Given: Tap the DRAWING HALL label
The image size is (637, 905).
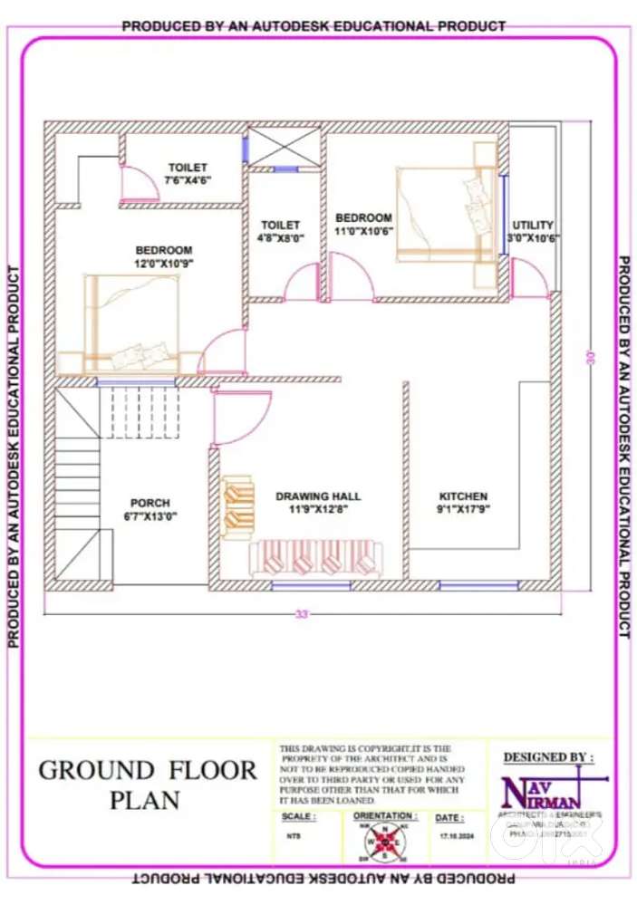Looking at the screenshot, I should pos(318,503).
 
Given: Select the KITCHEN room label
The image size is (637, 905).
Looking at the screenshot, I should pos(463,503).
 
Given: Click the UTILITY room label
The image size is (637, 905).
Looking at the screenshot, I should pos(532,231).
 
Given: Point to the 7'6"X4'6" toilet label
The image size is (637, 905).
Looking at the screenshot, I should pos(187,174).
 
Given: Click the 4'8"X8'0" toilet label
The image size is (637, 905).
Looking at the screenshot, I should pos(280,231).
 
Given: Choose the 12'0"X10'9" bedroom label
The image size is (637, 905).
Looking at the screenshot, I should pos(164,256).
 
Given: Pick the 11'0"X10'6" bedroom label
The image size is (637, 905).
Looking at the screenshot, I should pos(363,224).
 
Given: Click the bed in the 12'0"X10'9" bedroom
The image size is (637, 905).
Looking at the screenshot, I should pos(132,323).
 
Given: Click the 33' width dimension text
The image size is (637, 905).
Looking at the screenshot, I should pos(302,613).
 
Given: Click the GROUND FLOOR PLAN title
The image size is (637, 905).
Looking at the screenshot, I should pos(148,785).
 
